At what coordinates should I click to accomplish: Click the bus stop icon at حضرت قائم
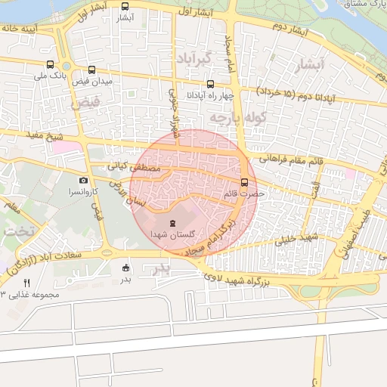click(244, 182)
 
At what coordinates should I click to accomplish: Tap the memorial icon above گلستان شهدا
click(172, 222)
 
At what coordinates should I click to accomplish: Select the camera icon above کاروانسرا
click(84, 181)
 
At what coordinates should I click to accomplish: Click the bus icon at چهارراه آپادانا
click(210, 84)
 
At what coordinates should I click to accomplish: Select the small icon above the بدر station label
click(125, 267)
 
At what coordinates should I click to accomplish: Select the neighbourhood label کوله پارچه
click(238, 119)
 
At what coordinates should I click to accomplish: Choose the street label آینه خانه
click(20, 28)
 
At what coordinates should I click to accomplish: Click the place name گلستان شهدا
click(172, 235)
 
